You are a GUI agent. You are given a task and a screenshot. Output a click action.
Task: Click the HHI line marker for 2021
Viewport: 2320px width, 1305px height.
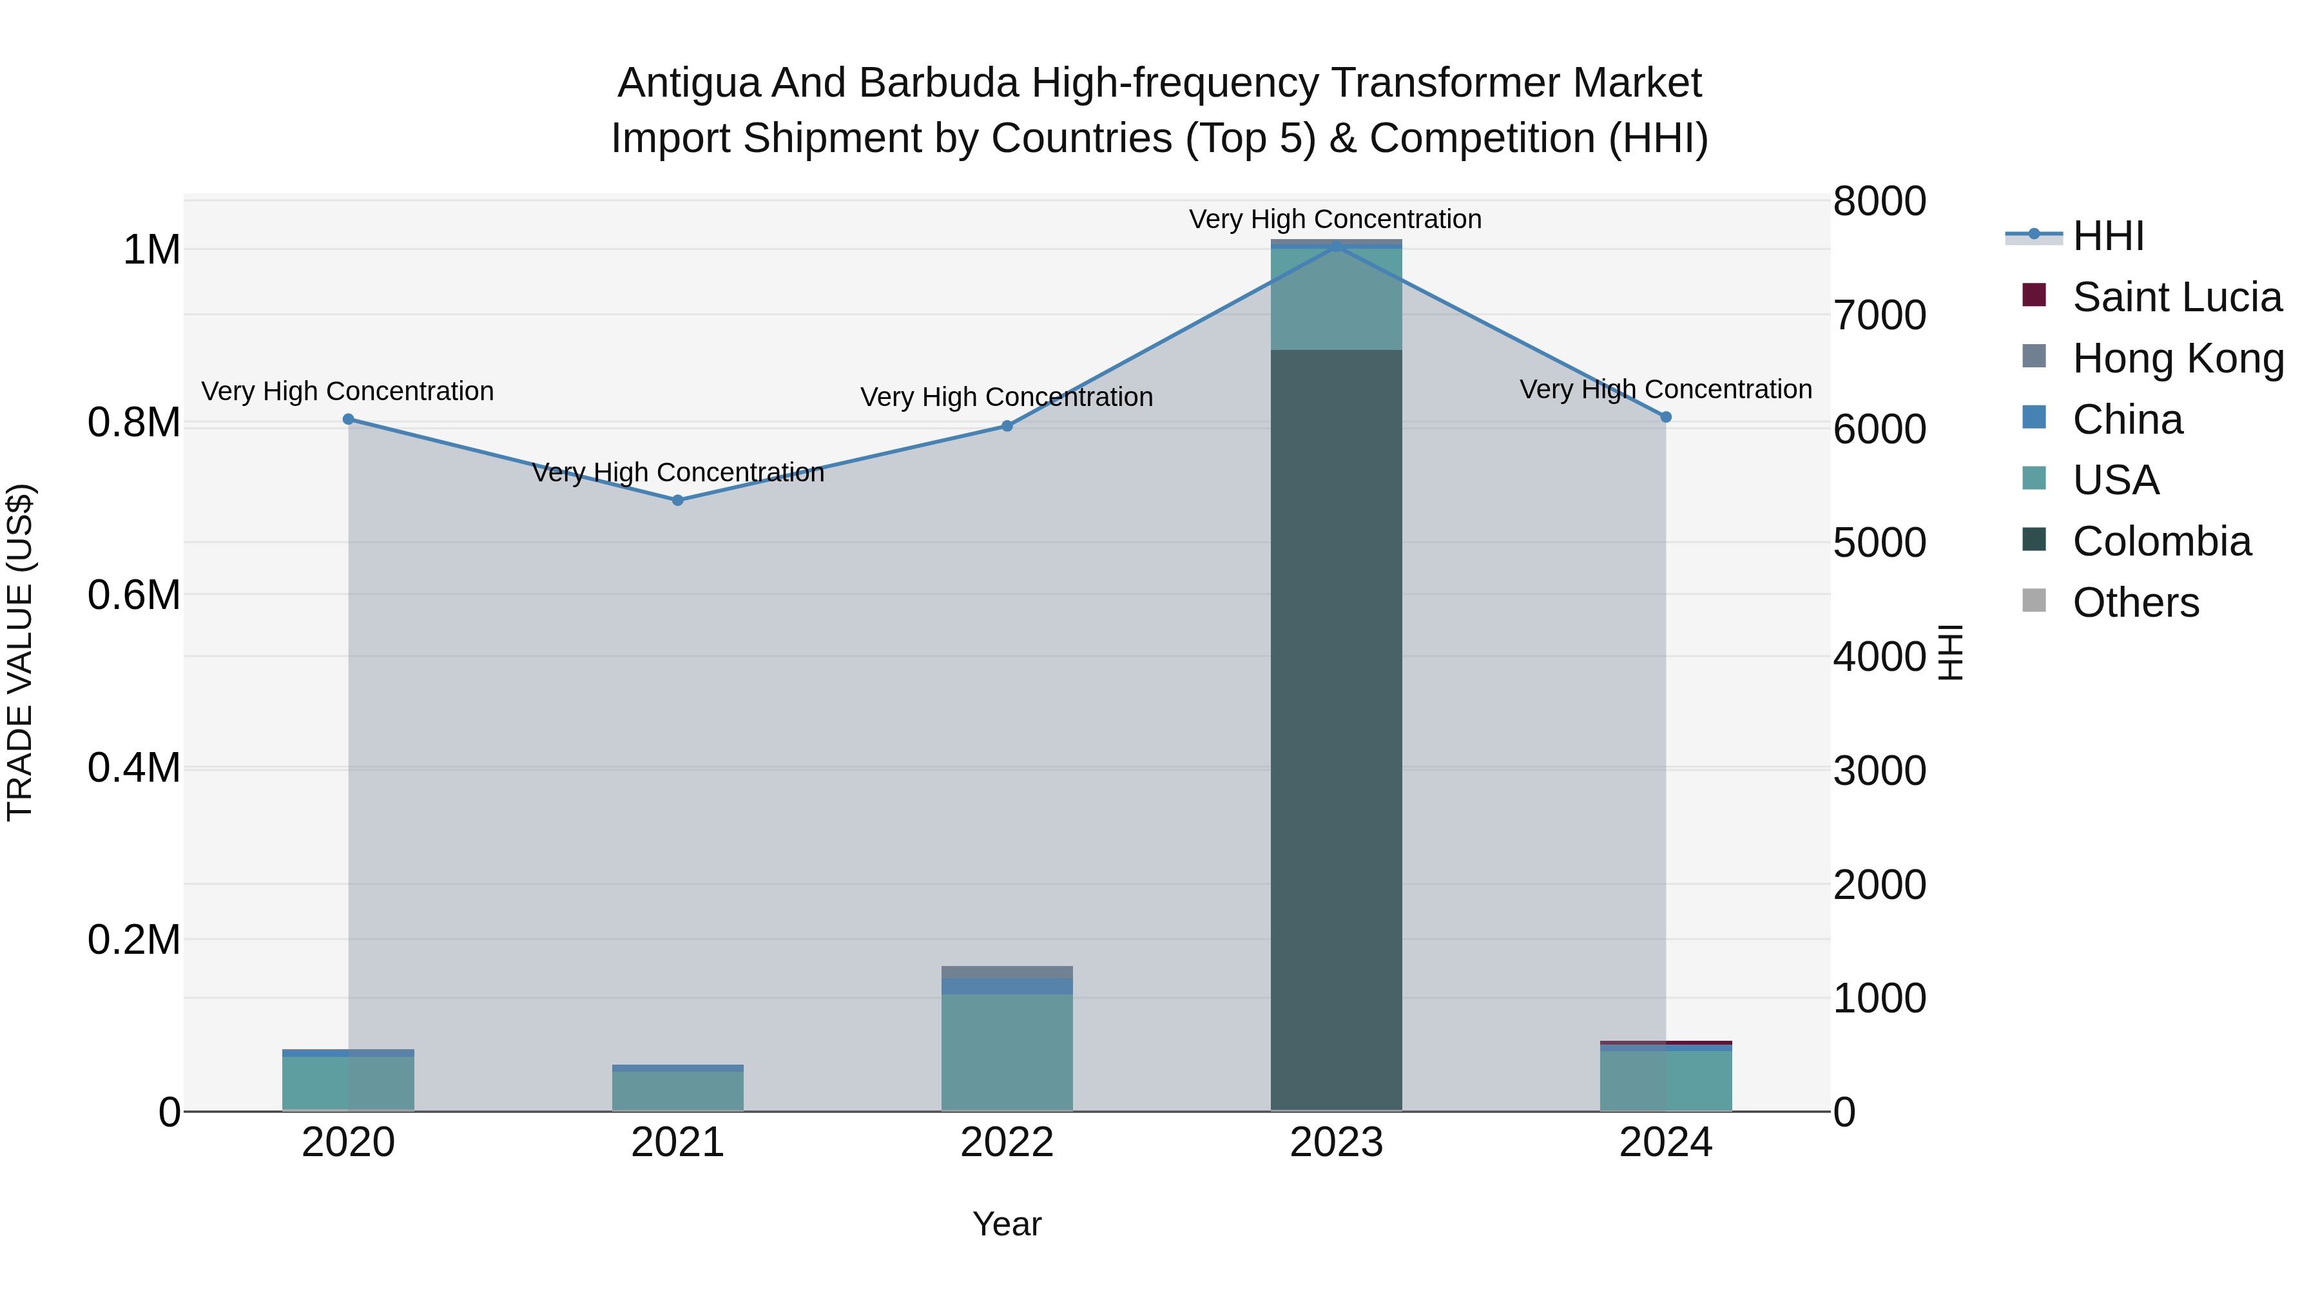677,500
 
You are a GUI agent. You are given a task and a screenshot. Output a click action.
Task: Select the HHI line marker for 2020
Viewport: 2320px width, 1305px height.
349,419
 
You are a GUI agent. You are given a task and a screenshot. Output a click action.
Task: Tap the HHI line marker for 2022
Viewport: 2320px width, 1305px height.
1007,426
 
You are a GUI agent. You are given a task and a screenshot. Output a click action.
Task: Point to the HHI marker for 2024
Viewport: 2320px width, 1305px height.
1665,417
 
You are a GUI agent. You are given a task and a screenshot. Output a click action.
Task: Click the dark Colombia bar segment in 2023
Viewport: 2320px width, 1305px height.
1336,730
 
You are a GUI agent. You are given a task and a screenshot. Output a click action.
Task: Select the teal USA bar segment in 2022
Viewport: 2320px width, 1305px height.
1007,1052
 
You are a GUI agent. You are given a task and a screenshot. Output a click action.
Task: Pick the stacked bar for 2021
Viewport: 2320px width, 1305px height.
677,1088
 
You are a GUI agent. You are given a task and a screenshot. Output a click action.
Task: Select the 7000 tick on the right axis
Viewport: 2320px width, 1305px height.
1880,315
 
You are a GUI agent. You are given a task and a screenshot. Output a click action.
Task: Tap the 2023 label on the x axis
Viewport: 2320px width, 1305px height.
1336,1143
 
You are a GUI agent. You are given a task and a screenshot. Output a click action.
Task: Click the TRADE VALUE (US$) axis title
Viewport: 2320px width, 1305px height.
20,652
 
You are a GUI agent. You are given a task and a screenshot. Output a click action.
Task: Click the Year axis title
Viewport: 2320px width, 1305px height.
1007,1224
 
